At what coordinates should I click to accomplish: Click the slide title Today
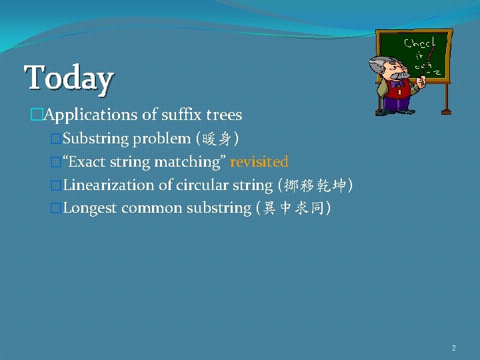[x=69, y=77]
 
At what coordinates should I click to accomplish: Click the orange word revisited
[x=259, y=162]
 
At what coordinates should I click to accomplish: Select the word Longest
[x=90, y=208]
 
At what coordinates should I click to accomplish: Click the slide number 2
[x=454, y=348]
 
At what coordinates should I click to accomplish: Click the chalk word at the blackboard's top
[x=419, y=42]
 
